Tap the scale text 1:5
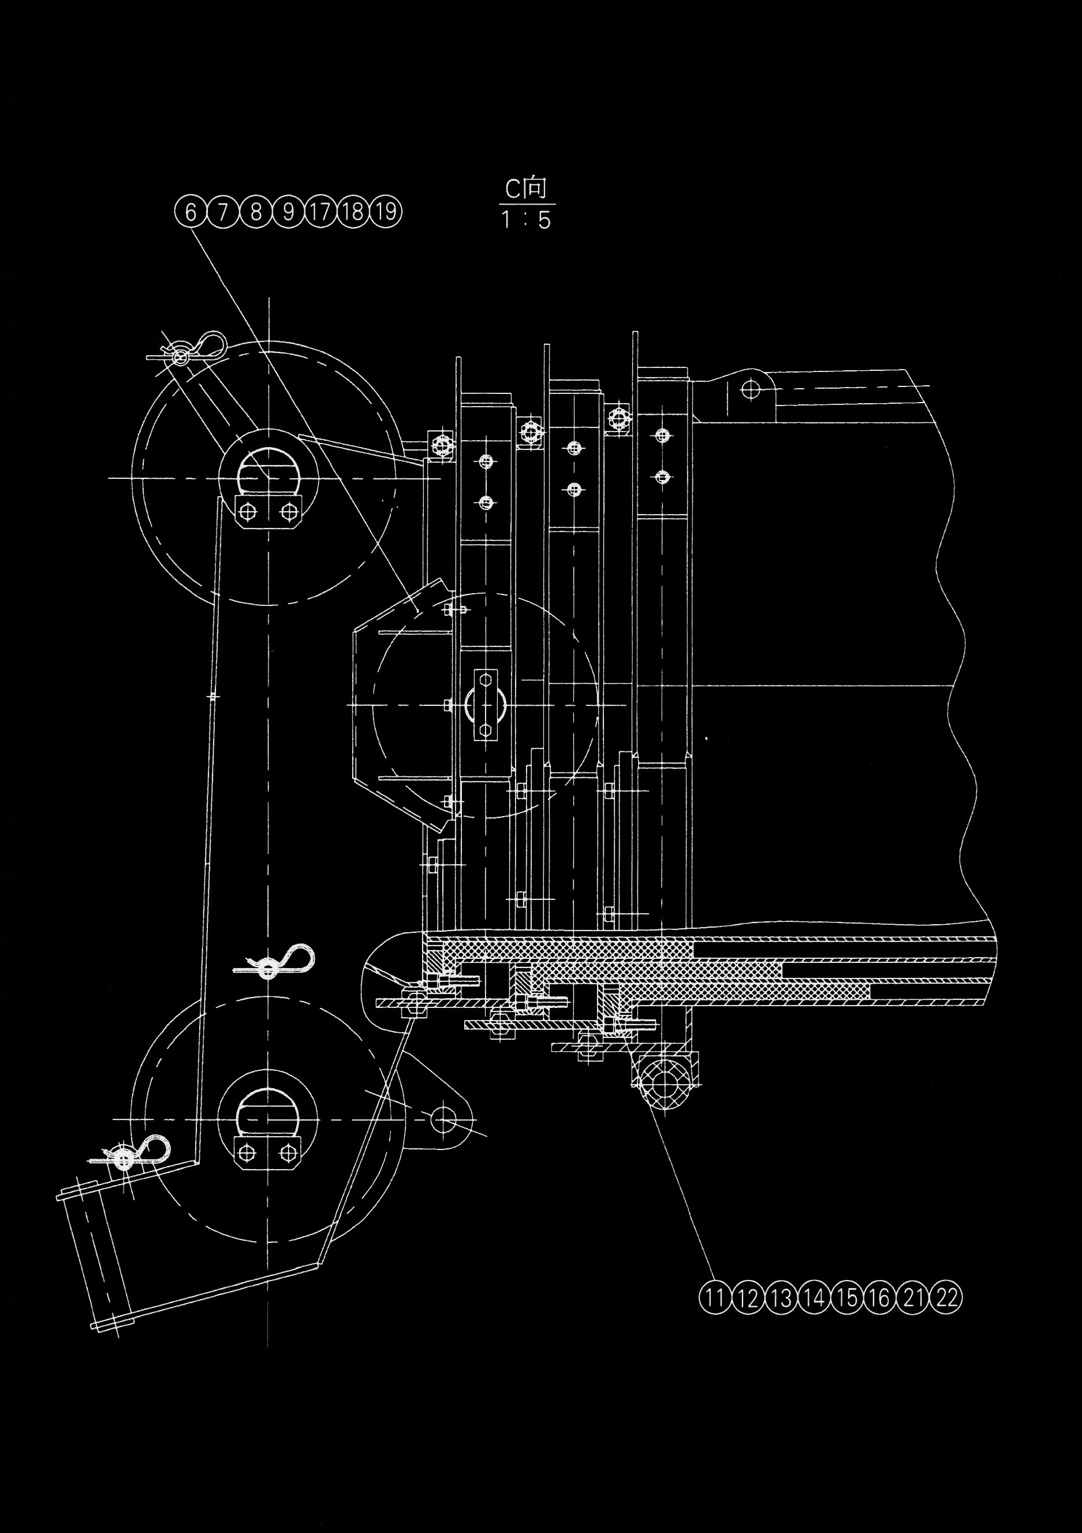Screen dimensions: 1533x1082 click(x=527, y=219)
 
